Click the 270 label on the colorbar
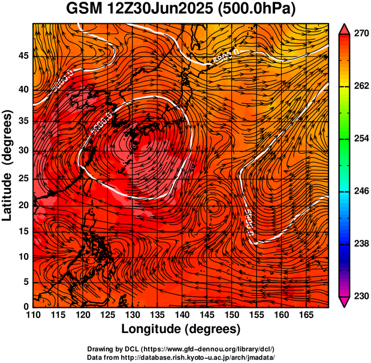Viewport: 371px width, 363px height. coord(361,34)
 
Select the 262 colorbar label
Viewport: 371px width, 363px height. coord(361,86)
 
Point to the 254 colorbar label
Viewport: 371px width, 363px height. coord(361,139)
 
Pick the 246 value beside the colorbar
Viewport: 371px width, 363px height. coord(361,191)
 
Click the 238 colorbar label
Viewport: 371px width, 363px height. coord(361,244)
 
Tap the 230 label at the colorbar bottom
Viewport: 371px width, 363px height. coord(361,296)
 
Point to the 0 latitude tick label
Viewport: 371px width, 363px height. coord(26,307)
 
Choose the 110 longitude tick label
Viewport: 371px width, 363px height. coord(34,316)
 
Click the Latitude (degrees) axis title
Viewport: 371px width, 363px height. coord(8,165)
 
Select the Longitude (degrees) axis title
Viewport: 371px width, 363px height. coord(180,329)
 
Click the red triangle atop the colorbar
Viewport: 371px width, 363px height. coord(344,28)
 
